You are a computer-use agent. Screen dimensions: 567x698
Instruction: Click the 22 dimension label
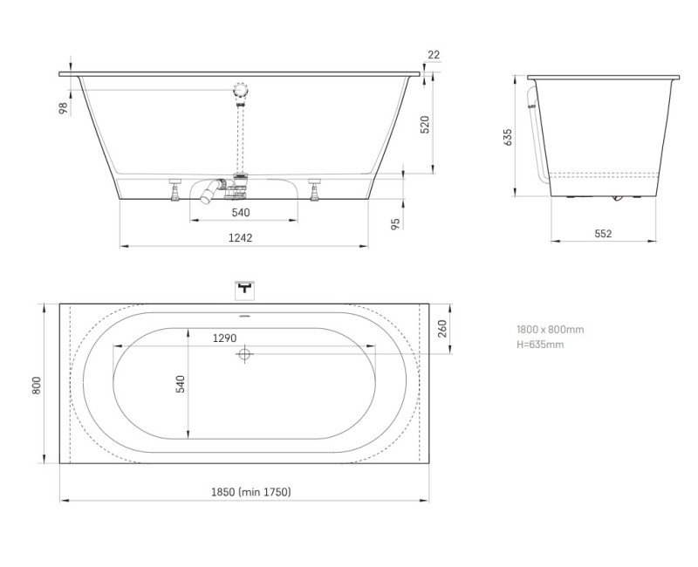pyautogui.click(x=434, y=55)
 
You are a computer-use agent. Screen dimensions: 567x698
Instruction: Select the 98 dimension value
pyautogui.click(x=64, y=107)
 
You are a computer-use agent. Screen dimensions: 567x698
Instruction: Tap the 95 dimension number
pyautogui.click(x=394, y=223)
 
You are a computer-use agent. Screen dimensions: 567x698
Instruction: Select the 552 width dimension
pyautogui.click(x=603, y=233)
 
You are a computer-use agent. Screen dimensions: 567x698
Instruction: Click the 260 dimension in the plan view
pyautogui.click(x=441, y=330)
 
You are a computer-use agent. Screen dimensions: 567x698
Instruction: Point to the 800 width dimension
pyautogui.click(x=37, y=385)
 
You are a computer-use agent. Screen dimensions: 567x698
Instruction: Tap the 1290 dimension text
pyautogui.click(x=226, y=338)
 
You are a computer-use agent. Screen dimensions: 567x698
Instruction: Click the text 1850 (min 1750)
pyautogui.click(x=251, y=493)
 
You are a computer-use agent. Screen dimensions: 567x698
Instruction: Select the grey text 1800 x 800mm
pyautogui.click(x=550, y=330)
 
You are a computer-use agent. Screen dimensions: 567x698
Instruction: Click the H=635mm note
pyautogui.click(x=540, y=345)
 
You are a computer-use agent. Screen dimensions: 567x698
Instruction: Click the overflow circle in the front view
pyautogui.click(x=240, y=90)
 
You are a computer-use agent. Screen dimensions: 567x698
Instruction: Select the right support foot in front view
pyautogui.click(x=316, y=189)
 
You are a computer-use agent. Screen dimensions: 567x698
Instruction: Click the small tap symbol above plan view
pyautogui.click(x=244, y=287)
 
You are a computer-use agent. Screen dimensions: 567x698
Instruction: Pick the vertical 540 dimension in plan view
pyautogui.click(x=181, y=385)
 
